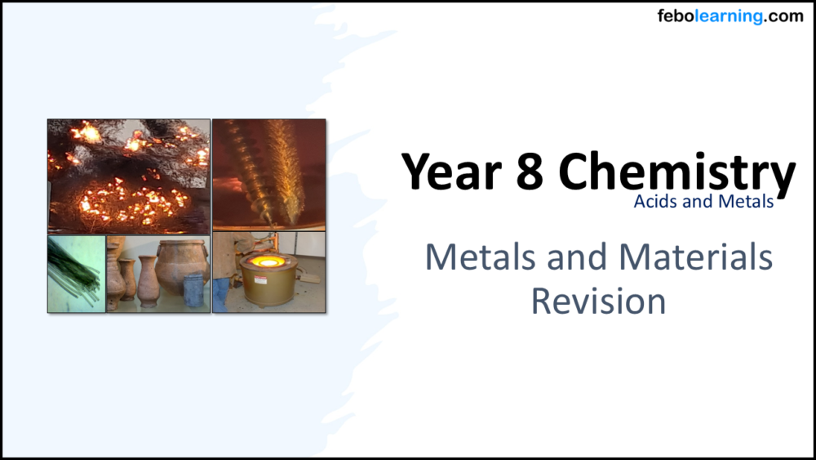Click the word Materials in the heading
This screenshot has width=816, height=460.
[695, 257]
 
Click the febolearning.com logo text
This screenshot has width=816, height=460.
[730, 16]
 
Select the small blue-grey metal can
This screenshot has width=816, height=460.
[193, 291]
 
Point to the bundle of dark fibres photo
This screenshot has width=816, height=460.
[76, 274]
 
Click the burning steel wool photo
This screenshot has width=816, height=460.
[128, 176]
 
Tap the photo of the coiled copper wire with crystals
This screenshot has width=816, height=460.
[268, 174]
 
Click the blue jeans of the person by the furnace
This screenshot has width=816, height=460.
[221, 294]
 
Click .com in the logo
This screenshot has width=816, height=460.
[784, 16]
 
